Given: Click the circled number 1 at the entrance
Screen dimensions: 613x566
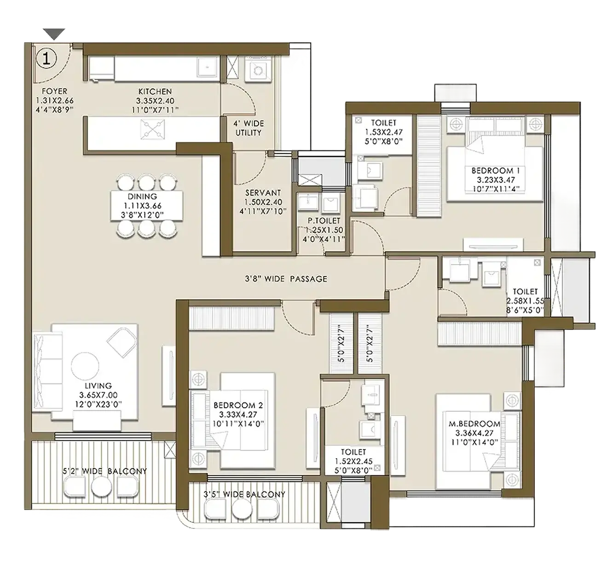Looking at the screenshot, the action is point(46,58).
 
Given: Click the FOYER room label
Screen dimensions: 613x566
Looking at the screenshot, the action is point(55,91).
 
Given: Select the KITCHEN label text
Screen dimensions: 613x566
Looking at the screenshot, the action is point(155,92).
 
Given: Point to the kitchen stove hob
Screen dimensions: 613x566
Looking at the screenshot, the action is point(152,128).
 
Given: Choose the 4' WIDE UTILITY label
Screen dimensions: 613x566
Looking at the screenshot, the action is point(249,128).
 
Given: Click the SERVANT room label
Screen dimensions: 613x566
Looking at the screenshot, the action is point(263,193).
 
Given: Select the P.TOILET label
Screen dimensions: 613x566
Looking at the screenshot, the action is point(324,221).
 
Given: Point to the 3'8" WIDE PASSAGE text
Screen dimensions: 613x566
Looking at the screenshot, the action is point(286,279).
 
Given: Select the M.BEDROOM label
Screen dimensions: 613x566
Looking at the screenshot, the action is point(474,424).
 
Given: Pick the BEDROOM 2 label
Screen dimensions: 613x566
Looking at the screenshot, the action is point(238,405).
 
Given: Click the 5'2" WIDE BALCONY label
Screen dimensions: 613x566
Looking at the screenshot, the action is point(105,471).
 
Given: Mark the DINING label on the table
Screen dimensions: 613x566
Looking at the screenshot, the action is point(142,196).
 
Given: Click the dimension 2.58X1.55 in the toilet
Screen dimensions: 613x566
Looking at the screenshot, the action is point(525,301).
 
